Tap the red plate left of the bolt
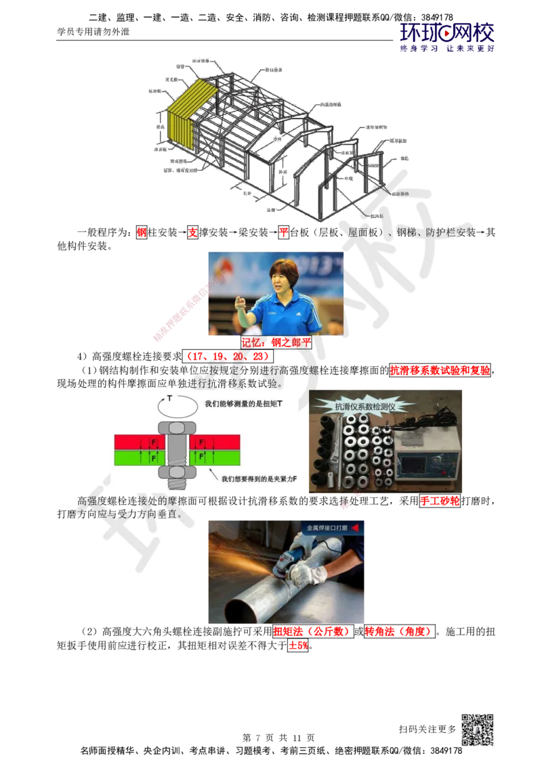(136, 442)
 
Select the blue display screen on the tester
(424, 463)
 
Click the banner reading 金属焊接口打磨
(332, 528)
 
